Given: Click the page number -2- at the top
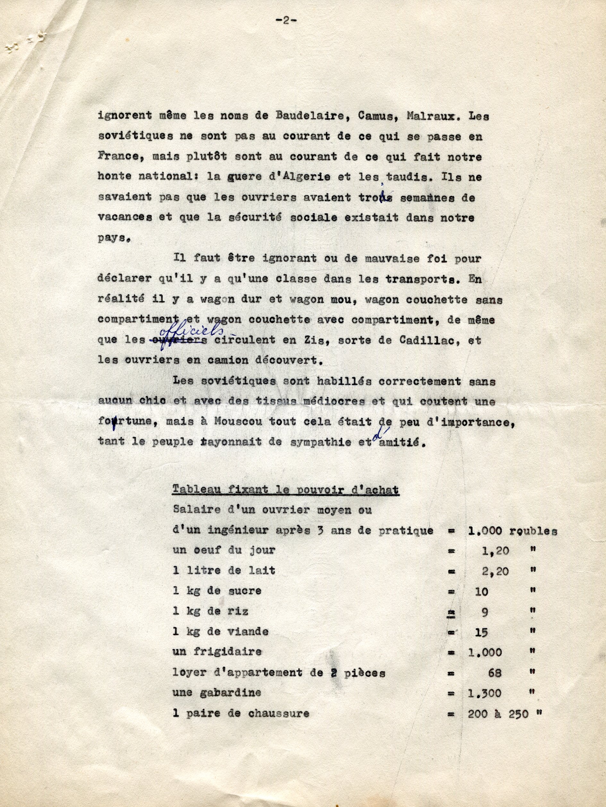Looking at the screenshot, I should click(x=285, y=21).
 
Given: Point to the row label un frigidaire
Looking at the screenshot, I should click(x=218, y=652).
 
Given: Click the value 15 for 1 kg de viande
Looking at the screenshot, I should click(x=482, y=632).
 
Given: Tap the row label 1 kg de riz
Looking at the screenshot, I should click(x=210, y=611).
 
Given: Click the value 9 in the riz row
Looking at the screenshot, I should click(x=484, y=611).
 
